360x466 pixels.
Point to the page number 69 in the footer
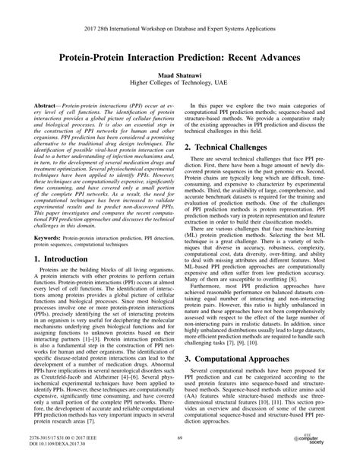pos(180,439)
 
